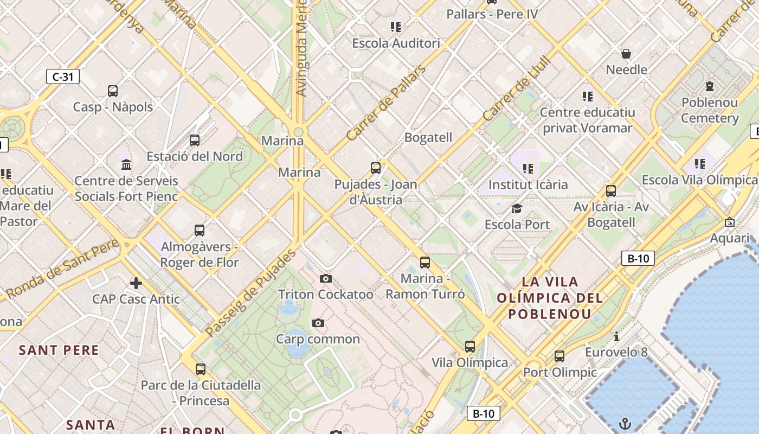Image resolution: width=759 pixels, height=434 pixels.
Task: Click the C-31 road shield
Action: pyautogui.click(x=63, y=76)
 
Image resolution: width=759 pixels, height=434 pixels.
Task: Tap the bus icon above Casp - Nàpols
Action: pyautogui.click(x=113, y=91)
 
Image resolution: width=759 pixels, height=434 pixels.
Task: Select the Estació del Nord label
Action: pyautogui.click(x=195, y=156)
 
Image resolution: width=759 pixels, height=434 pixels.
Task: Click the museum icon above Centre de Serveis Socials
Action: pyautogui.click(x=126, y=164)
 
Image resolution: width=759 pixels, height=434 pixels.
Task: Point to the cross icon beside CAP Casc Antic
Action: pyautogui.click(x=136, y=283)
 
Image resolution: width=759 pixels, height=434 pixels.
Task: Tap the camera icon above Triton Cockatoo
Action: pyautogui.click(x=325, y=279)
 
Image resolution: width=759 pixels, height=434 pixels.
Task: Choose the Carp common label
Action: pyautogui.click(x=318, y=339)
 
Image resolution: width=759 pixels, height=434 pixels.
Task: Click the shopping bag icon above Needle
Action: pyautogui.click(x=626, y=53)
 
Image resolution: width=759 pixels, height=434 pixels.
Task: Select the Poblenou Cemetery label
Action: pyautogui.click(x=710, y=110)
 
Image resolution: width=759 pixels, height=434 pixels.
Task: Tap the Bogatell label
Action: pyautogui.click(x=428, y=137)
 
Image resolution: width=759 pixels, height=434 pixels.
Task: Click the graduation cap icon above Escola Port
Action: pyautogui.click(x=517, y=208)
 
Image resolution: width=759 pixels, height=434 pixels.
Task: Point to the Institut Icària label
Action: pyautogui.click(x=528, y=184)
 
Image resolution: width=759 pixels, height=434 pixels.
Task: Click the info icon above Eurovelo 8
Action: pyautogui.click(x=616, y=336)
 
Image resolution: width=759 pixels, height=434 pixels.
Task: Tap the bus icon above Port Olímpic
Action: pyautogui.click(x=559, y=356)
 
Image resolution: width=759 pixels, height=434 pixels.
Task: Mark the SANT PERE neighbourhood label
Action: pyautogui.click(x=59, y=350)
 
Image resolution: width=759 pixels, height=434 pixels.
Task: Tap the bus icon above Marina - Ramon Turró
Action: pyautogui.click(x=425, y=263)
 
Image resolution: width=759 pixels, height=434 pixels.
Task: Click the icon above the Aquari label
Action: pyautogui.click(x=730, y=222)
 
